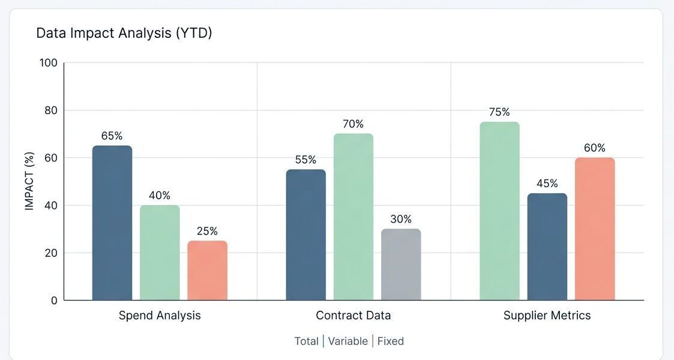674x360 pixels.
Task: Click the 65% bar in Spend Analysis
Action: click(112, 223)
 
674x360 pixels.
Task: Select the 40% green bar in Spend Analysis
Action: click(160, 253)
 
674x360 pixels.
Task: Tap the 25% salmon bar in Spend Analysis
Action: click(207, 270)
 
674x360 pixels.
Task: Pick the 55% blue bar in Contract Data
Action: click(305, 235)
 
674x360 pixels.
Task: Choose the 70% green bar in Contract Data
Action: click(353, 217)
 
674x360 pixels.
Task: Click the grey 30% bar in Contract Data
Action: click(401, 264)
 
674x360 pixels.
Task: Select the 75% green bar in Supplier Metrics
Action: click(499, 211)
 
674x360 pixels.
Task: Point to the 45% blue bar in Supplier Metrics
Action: click(547, 247)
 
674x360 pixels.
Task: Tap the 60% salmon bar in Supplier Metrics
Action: click(594, 229)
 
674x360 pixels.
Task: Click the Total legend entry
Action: click(306, 341)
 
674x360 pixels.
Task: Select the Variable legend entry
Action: click(348, 341)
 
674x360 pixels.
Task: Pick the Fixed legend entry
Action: click(390, 341)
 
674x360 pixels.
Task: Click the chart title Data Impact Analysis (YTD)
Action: click(124, 33)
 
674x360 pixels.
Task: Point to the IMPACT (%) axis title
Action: click(29, 181)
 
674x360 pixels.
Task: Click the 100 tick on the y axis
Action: click(48, 63)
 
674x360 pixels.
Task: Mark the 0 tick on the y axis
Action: click(53, 301)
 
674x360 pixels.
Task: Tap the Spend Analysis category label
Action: click(160, 316)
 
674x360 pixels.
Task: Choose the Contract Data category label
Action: click(353, 316)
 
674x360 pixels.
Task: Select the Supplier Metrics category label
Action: click(547, 316)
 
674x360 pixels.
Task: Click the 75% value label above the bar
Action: click(499, 112)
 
